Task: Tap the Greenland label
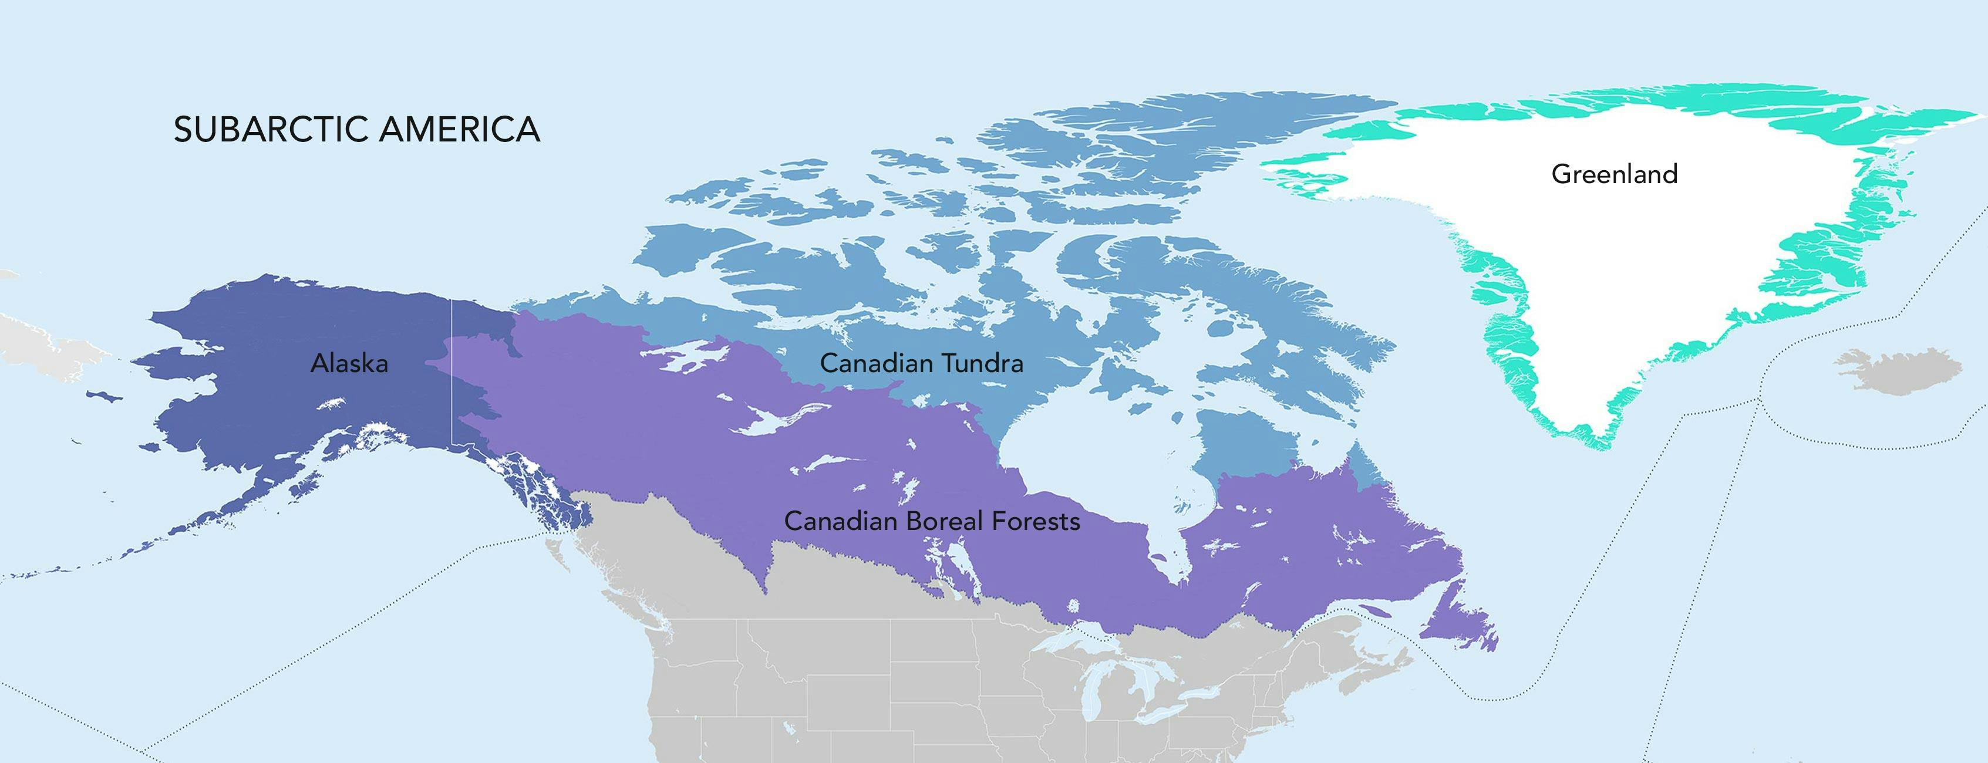[x=1615, y=174]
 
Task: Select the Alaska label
[x=349, y=363]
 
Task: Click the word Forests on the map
[x=1035, y=522]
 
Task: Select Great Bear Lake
[x=683, y=356]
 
